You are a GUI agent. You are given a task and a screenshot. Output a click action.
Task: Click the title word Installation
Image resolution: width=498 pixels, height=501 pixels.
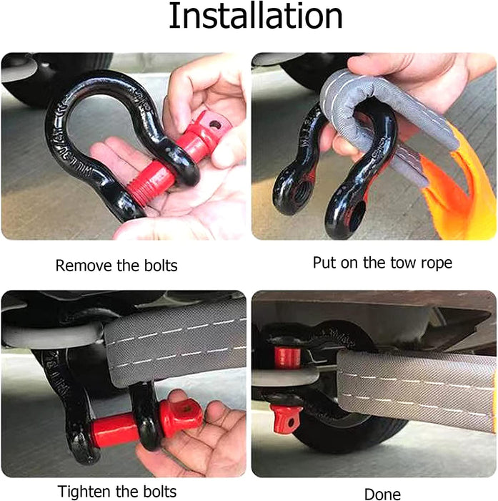click(x=256, y=16)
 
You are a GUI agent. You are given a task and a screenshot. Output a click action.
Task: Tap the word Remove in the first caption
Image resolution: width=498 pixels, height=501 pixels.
click(x=84, y=266)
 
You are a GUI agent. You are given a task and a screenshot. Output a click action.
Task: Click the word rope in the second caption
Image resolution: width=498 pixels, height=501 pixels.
click(x=437, y=263)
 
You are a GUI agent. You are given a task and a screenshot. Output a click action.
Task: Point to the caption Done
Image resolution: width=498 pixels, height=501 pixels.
click(x=382, y=495)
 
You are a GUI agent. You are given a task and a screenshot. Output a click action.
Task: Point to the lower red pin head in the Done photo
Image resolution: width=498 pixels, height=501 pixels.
click(x=286, y=418)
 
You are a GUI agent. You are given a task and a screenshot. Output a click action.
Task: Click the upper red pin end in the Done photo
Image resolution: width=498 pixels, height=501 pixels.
click(x=287, y=357)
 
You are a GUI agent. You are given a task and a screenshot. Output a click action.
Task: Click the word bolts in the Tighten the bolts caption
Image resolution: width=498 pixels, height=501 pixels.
click(x=159, y=491)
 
